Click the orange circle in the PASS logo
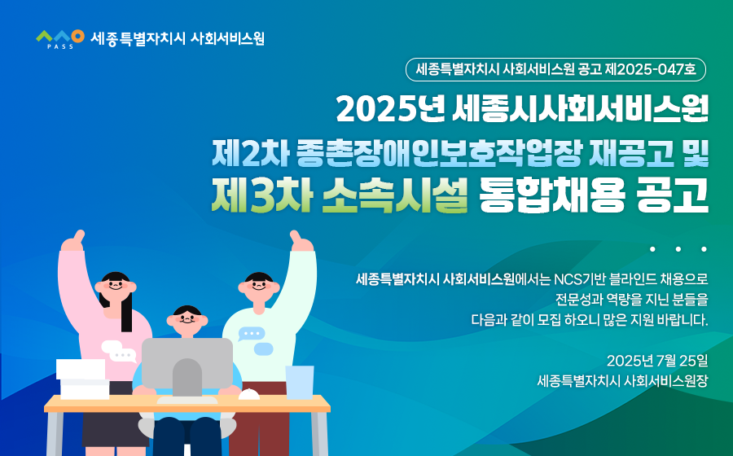click(77, 36)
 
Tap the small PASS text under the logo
click(60, 46)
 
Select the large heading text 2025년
click(390, 109)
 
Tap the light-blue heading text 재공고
click(631, 153)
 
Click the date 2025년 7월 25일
click(657, 361)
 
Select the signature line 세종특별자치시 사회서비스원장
click(623, 381)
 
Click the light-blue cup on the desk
click(300, 382)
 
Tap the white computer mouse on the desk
click(249, 394)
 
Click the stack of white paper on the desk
click(83, 379)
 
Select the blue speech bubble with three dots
click(252, 334)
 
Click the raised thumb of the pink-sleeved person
click(80, 236)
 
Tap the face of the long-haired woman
click(116, 286)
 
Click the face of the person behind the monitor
click(187, 321)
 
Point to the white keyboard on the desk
click(187, 401)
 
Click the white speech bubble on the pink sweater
click(119, 352)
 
